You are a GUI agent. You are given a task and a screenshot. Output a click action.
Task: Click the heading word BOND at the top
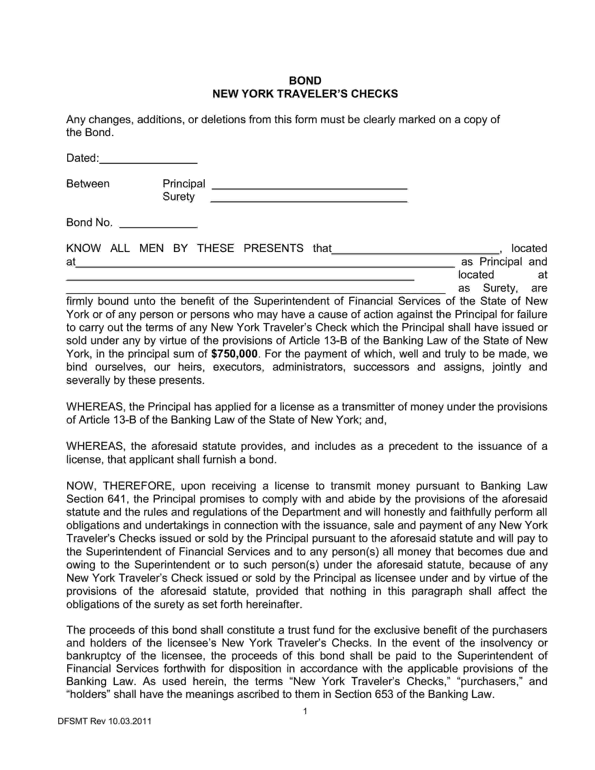click(305, 81)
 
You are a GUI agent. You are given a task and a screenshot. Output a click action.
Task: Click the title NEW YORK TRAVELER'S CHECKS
click(305, 94)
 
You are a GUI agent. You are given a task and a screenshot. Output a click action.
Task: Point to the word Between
click(88, 184)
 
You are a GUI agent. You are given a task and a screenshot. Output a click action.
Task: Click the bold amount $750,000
click(234, 354)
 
